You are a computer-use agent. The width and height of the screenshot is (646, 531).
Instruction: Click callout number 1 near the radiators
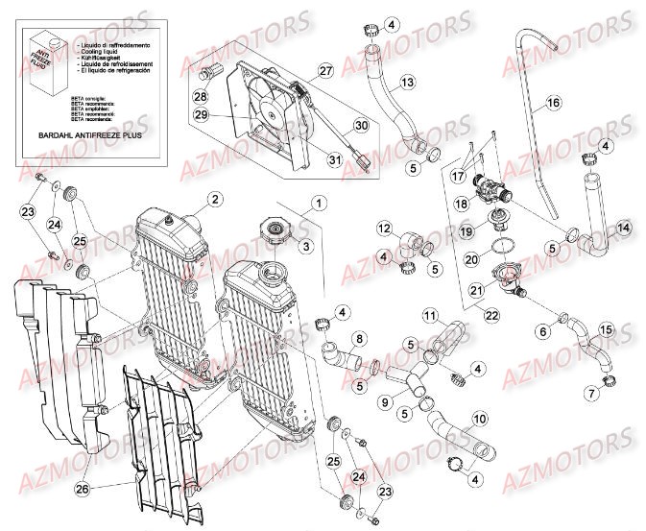pos(319,203)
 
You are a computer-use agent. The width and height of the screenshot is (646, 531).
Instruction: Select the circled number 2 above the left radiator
pos(214,199)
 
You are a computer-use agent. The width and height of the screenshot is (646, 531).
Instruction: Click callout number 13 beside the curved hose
pos(408,84)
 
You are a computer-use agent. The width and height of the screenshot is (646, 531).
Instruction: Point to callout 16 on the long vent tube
pos(553,102)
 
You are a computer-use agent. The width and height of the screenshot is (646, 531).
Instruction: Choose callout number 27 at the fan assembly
pos(325,72)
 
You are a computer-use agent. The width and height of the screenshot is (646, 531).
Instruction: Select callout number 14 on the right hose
pos(623,228)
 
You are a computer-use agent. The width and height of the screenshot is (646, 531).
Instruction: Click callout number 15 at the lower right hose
pos(607,330)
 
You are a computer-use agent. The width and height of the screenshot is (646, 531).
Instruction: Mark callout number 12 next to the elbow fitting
pos(384,229)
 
